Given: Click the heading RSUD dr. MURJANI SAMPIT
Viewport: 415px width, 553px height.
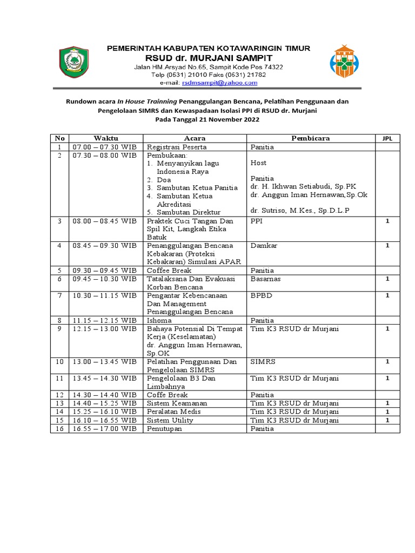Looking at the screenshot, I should tap(208, 57).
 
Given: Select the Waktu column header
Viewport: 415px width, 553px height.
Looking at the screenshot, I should tap(106, 138).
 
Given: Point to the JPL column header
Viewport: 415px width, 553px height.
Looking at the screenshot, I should tap(387, 138).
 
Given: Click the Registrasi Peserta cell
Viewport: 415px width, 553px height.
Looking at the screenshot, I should tap(176, 147).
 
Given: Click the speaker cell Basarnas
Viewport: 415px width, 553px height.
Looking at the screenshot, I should tap(265, 279).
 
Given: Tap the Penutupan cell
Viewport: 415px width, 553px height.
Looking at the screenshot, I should tap(165, 429).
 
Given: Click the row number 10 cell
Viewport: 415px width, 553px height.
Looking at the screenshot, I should tap(59, 361).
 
